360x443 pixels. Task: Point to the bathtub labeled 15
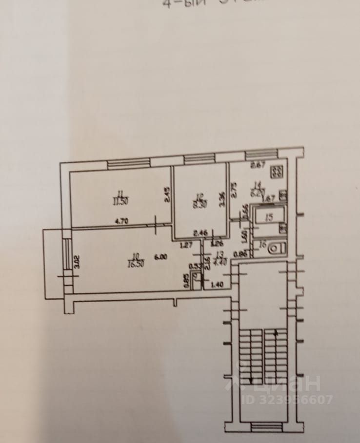coord(268,218)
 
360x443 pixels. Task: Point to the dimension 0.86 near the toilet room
coord(239,253)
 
